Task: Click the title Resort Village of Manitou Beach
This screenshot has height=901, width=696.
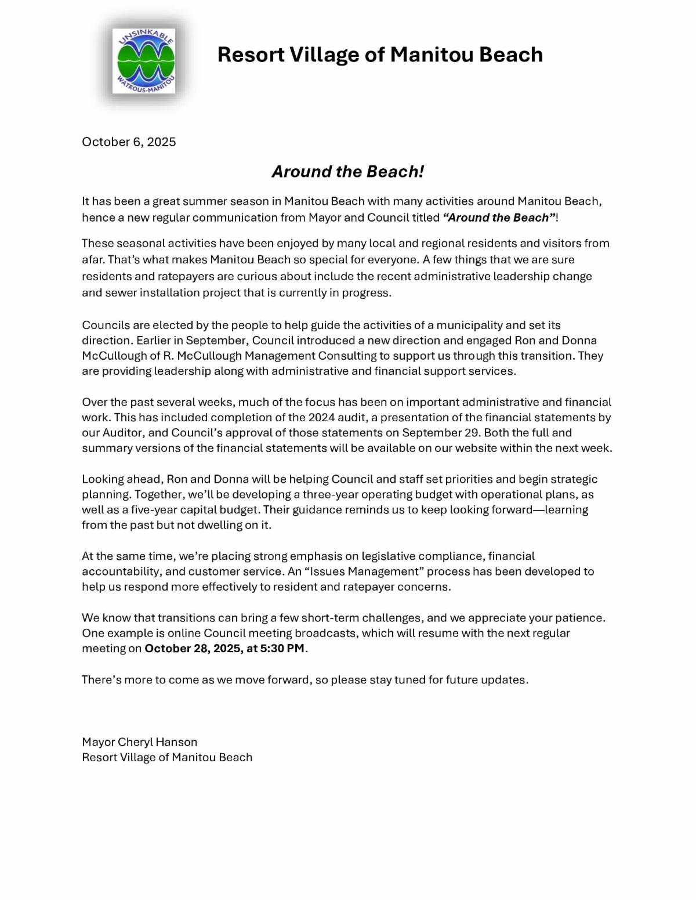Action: coord(380,55)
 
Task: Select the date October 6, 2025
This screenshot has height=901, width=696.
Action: coord(129,142)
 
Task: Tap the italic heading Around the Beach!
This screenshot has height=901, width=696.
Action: coord(348,172)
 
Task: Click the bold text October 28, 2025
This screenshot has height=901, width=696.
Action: coord(193,649)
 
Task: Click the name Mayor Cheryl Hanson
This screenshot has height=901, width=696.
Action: coord(140,742)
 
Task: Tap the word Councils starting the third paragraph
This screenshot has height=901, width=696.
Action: coord(106,325)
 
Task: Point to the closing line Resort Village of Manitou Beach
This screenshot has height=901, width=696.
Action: coord(167,758)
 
